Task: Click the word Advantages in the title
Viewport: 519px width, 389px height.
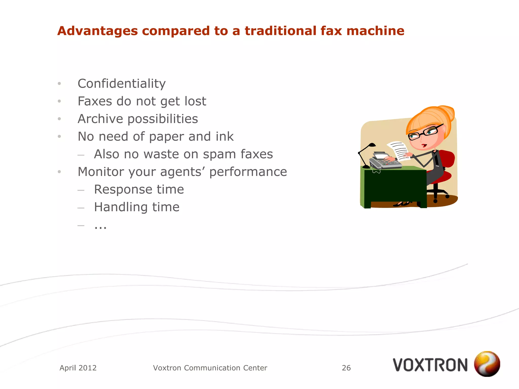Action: tap(98, 31)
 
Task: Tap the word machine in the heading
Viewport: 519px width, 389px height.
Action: tap(375, 31)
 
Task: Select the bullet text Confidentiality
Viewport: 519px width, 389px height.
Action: tap(122, 84)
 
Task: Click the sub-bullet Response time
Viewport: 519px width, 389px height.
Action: tap(139, 189)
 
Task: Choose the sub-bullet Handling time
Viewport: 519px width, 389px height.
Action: tap(137, 207)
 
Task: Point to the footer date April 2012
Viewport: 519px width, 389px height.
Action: tap(78, 368)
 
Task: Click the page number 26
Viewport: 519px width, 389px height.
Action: tap(346, 368)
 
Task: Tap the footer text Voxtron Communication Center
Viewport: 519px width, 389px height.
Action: tap(210, 368)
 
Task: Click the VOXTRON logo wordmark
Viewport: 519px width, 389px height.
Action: tap(430, 365)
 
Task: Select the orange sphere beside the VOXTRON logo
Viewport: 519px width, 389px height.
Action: tap(487, 364)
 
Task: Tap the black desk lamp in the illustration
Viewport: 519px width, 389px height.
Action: tap(365, 154)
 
